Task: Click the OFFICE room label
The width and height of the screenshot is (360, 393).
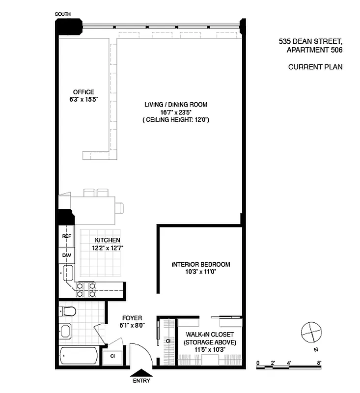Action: [x=83, y=92]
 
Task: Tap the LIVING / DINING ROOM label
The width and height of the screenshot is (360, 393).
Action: [x=175, y=105]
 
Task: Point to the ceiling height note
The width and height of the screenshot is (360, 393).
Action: [x=175, y=119]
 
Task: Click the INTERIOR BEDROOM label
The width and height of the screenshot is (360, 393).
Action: [x=200, y=264]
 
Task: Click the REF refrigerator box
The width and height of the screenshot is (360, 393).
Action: [x=66, y=236]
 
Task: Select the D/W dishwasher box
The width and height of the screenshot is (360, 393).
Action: [x=66, y=255]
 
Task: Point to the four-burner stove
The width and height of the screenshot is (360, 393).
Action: [x=86, y=289]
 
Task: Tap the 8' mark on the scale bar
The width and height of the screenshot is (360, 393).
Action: [x=319, y=363]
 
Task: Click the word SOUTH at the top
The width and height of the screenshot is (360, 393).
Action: [x=63, y=15]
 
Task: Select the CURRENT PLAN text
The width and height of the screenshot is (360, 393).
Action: [x=315, y=67]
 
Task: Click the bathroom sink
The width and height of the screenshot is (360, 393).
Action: [x=66, y=331]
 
